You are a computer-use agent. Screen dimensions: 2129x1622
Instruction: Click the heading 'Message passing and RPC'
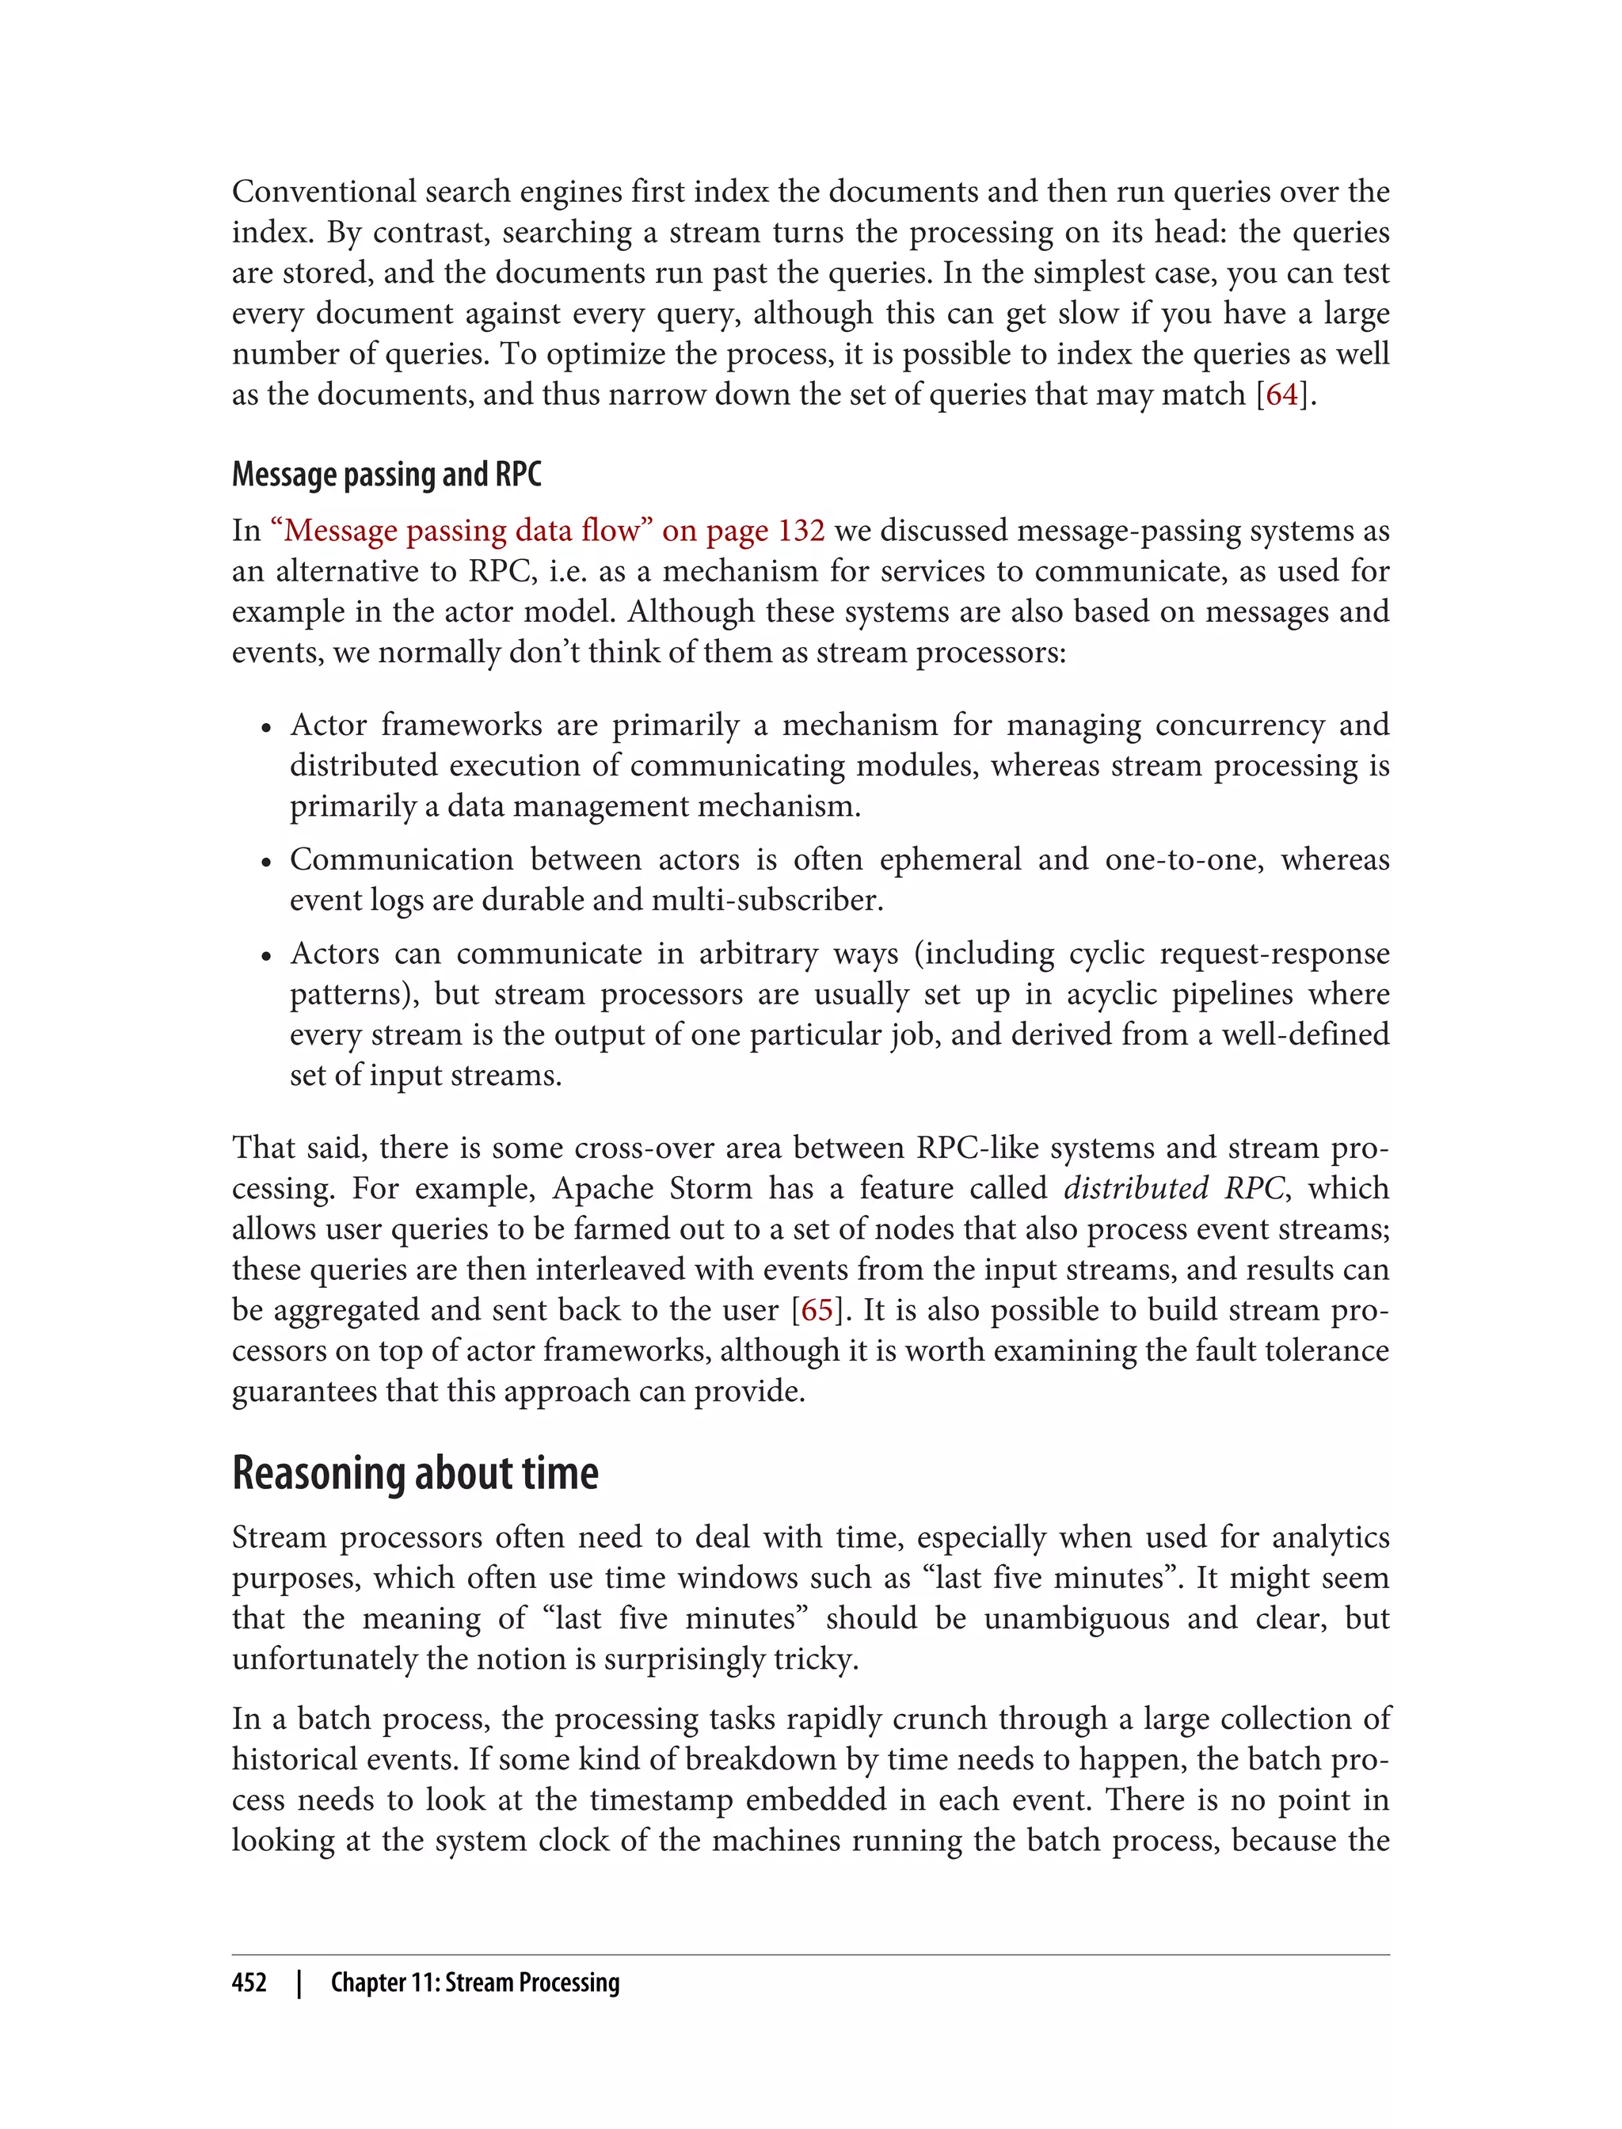[x=386, y=474]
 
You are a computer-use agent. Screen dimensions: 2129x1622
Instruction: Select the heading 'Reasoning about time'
[x=415, y=1473]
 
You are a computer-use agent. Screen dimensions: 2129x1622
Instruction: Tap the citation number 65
[x=817, y=1309]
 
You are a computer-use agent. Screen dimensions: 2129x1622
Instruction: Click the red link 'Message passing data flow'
[x=463, y=530]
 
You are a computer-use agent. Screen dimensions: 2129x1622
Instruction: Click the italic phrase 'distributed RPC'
[x=1174, y=1187]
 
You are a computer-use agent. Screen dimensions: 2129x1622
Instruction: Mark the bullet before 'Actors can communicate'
[x=266, y=957]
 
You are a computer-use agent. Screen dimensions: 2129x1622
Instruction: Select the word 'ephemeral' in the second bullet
[x=949, y=859]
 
